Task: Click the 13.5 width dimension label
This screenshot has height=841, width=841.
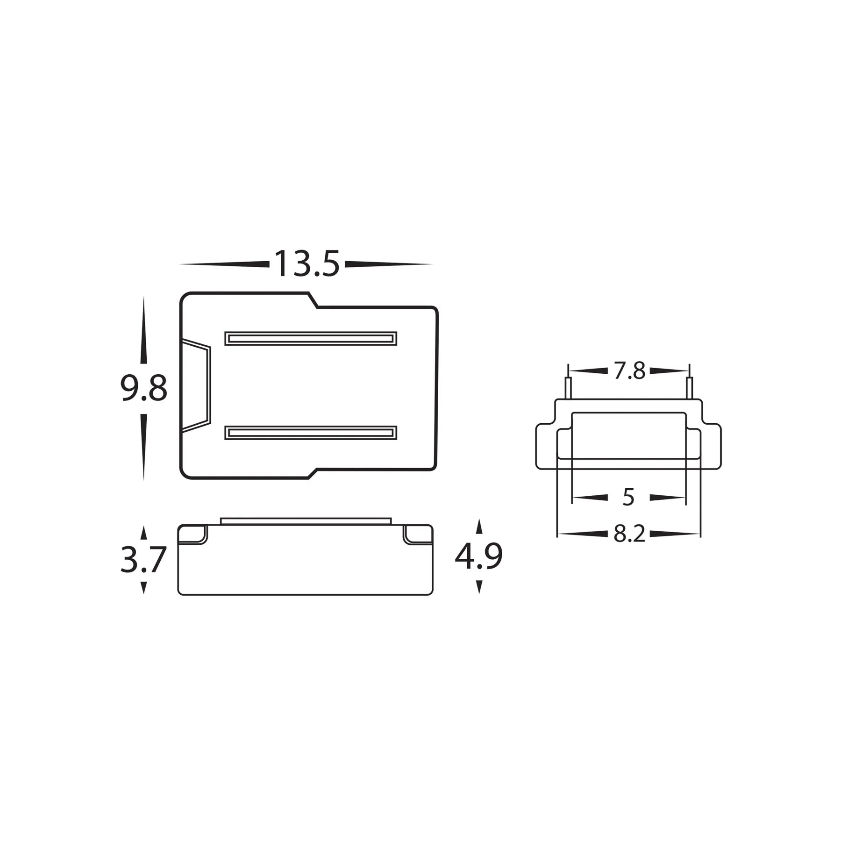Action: (x=306, y=264)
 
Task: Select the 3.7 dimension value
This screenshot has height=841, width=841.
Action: (x=143, y=560)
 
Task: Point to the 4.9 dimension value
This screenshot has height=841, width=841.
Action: (x=478, y=556)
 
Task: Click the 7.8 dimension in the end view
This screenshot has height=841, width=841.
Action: (x=629, y=371)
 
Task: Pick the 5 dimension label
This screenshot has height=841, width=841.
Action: (x=629, y=498)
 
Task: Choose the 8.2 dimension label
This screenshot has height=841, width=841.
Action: (x=629, y=534)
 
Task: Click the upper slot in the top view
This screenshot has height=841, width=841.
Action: (x=311, y=339)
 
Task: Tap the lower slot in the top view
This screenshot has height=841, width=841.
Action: (x=311, y=433)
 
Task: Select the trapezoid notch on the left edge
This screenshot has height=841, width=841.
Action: (x=196, y=385)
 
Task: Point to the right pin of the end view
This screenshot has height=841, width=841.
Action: (x=689, y=389)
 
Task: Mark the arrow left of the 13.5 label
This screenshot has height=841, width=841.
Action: (x=224, y=264)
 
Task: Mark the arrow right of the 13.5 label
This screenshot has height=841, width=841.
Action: (x=388, y=264)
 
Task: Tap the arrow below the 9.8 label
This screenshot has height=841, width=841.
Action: (x=143, y=446)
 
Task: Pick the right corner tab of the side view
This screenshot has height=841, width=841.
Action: (x=417, y=534)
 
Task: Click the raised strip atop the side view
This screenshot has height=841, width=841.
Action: (x=306, y=521)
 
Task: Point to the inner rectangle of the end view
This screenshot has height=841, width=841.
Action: (x=629, y=435)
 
